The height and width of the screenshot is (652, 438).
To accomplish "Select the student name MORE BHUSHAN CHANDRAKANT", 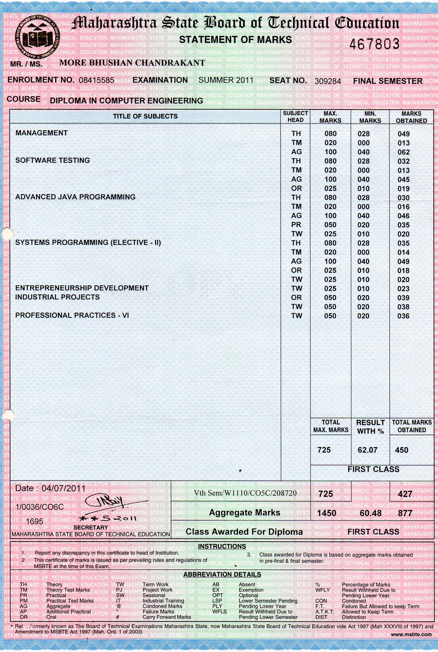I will tap(132, 63).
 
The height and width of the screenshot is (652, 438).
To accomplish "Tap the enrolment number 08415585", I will tap(96, 80).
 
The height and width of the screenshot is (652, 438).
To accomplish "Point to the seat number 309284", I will tap(328, 81).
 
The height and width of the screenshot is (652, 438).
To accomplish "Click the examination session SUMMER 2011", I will tap(226, 80).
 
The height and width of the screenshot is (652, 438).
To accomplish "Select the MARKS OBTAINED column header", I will tap(411, 117).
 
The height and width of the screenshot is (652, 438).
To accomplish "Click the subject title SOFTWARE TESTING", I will tap(52, 160).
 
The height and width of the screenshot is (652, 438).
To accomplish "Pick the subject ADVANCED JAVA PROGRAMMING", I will tap(75, 197).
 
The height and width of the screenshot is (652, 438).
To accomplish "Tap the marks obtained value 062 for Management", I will tap(404, 152).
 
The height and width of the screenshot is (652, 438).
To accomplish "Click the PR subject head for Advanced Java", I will tap(296, 225).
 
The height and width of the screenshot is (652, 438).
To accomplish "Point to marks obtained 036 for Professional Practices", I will tap(404, 316).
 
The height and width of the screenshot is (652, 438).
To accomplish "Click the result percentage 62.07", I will tap(367, 450).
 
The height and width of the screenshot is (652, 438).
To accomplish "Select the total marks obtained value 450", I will tap(401, 450).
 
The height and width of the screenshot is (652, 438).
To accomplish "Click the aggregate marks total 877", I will tap(405, 513).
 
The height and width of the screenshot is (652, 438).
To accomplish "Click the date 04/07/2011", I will tap(64, 488).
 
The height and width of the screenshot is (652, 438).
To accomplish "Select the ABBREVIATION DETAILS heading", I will tap(222, 574).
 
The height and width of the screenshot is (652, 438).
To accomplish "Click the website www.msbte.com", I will tap(411, 634).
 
